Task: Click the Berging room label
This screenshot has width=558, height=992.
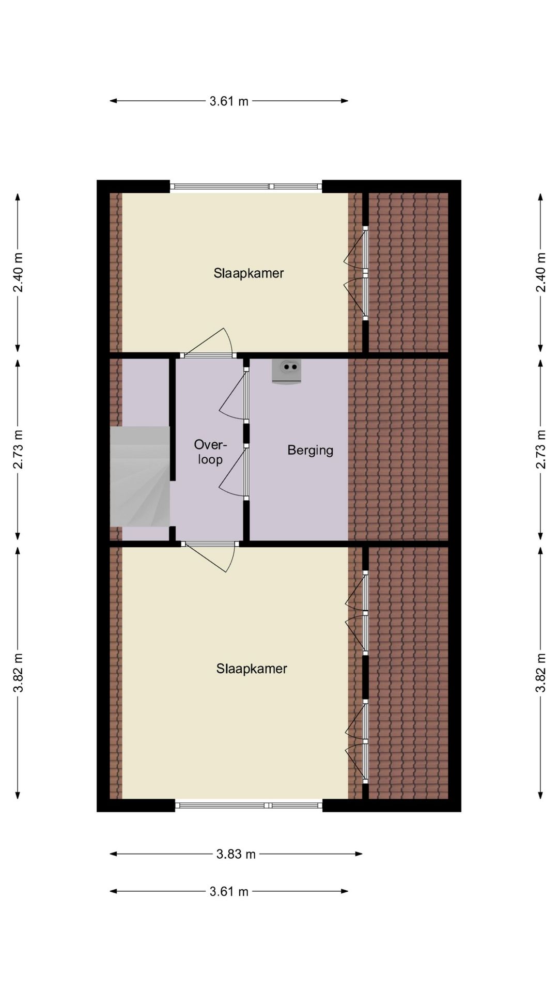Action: [x=310, y=451]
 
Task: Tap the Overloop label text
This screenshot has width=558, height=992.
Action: [x=210, y=452]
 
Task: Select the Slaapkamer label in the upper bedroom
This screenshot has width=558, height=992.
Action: [x=249, y=273]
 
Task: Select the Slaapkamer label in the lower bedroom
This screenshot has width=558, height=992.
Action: [x=252, y=669]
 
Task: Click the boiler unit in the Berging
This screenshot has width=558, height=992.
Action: [x=286, y=371]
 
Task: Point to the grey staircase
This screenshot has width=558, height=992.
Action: [x=140, y=476]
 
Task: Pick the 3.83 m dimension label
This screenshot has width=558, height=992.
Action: [x=236, y=854]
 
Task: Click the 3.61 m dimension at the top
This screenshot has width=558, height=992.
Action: [x=229, y=101]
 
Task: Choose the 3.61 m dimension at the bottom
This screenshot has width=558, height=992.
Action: [x=229, y=891]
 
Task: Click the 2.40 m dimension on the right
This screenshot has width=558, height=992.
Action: [x=541, y=272]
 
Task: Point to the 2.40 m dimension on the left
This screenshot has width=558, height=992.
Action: [x=18, y=272]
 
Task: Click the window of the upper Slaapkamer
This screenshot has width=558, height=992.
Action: [x=246, y=187]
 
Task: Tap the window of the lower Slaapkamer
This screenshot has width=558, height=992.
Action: [x=249, y=805]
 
